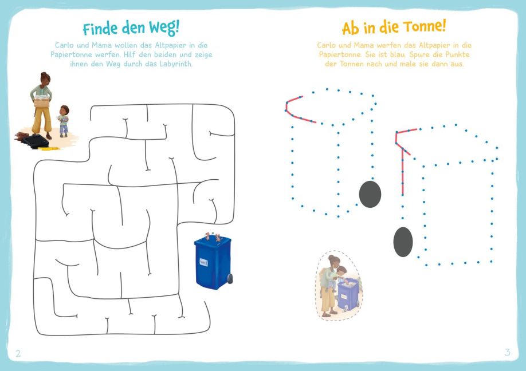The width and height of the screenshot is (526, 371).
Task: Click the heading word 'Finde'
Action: pyautogui.click(x=101, y=29)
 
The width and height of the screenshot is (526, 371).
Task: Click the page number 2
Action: pyautogui.click(x=18, y=353)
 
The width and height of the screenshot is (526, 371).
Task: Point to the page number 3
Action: pyautogui.click(x=507, y=352)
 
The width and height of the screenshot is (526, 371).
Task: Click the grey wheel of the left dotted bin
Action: pyautogui.click(x=370, y=194)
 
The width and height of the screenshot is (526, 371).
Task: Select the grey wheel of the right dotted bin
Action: pyautogui.click(x=403, y=242)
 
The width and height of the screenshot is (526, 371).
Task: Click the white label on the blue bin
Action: pyautogui.click(x=203, y=262)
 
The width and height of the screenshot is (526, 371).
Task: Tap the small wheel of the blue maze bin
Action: pyautogui.click(x=230, y=278)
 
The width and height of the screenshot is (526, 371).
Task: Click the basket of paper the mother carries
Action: pyautogui.click(x=42, y=101)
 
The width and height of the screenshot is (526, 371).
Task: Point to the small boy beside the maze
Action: pyautogui.click(x=63, y=121)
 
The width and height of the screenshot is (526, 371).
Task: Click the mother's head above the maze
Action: pyautogui.click(x=45, y=78)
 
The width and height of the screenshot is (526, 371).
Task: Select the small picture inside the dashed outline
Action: pyautogui.click(x=339, y=286)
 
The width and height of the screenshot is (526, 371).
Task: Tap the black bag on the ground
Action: pyautogui.click(x=35, y=141)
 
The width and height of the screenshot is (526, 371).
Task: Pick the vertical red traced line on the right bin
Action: pyautogui.click(x=403, y=171)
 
